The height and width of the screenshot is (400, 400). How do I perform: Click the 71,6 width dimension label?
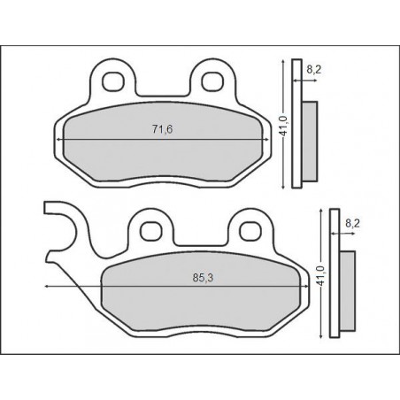(161, 131)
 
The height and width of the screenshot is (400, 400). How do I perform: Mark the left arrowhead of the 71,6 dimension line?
(59, 141)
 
